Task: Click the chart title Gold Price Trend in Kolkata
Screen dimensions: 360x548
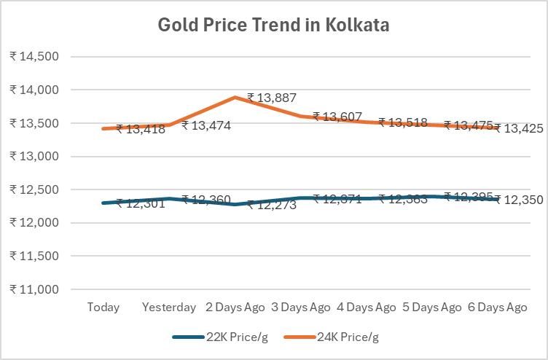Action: tap(274, 26)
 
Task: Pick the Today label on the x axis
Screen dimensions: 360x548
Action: tap(103, 308)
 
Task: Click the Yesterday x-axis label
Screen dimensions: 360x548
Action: tap(169, 308)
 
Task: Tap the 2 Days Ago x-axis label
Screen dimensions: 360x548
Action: tap(235, 308)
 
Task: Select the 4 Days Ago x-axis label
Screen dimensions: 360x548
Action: tap(367, 308)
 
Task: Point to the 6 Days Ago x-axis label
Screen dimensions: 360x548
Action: tap(498, 308)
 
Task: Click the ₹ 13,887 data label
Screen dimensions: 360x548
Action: tap(273, 97)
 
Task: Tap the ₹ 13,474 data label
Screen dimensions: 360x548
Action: tap(206, 125)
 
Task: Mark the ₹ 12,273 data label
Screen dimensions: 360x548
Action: tap(273, 206)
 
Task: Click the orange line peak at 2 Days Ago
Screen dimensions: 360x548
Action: tap(235, 97)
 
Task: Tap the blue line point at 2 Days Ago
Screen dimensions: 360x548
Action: tap(235, 204)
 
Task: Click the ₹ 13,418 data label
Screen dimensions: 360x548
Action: tap(141, 130)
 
